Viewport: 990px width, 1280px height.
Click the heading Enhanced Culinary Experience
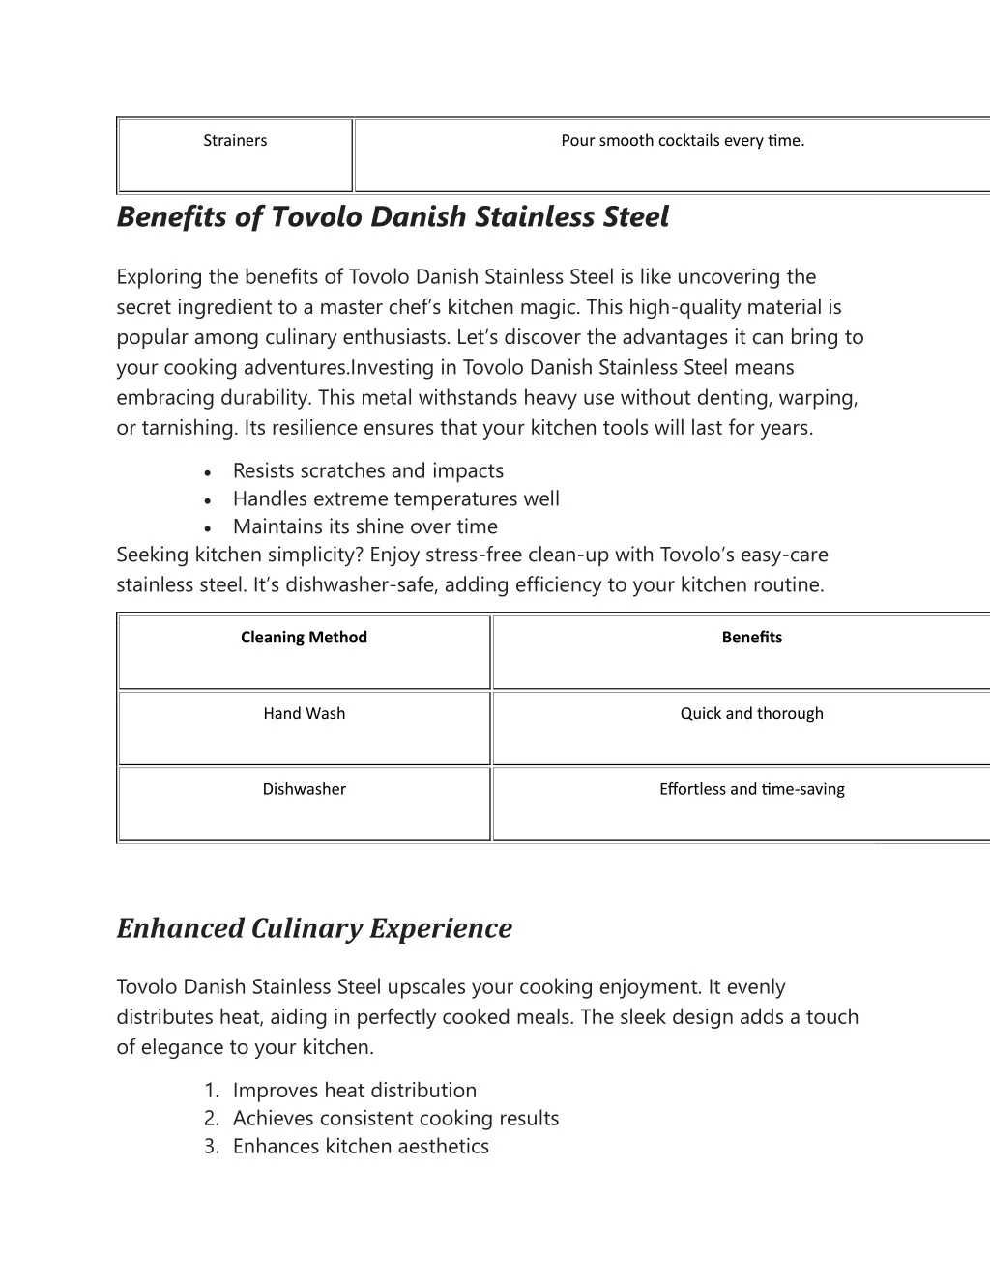coord(314,928)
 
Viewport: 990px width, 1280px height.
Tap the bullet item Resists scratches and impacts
coord(367,471)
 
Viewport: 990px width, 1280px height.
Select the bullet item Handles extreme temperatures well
coord(395,499)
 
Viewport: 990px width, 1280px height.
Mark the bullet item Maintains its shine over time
coord(364,527)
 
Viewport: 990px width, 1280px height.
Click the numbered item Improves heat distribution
coord(354,1091)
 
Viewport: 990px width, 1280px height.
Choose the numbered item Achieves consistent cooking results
coord(395,1119)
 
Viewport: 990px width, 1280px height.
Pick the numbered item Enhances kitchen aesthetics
coord(361,1147)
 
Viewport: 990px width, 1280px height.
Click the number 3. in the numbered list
coord(212,1147)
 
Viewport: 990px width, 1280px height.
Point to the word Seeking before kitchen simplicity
coord(153,555)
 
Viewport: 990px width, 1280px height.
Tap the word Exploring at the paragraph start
coord(160,277)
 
